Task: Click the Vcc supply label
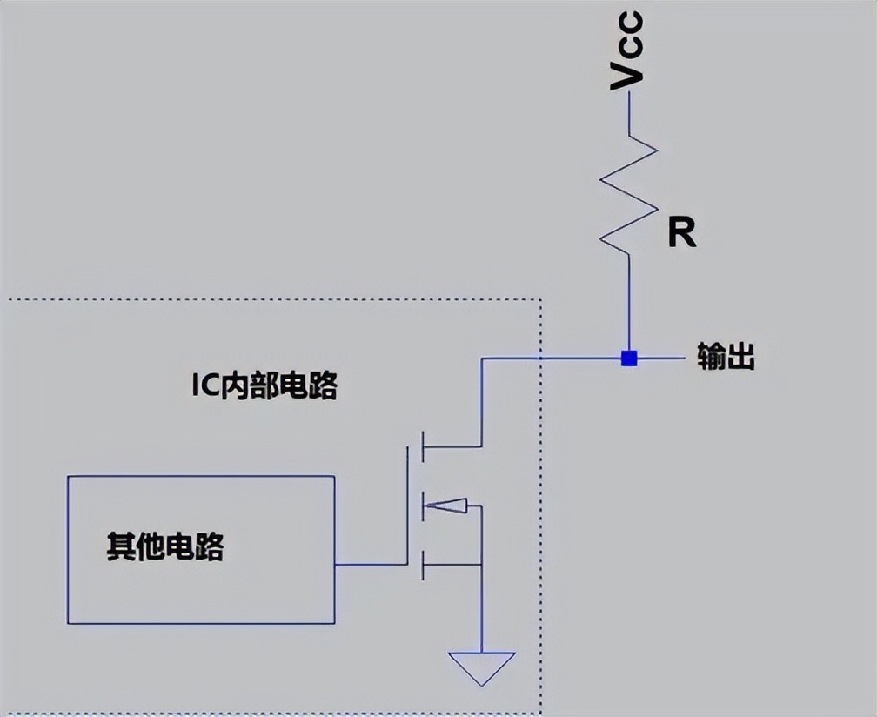627,50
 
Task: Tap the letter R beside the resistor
681,233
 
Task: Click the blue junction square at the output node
628,358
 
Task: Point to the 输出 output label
725,358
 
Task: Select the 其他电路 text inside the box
165,547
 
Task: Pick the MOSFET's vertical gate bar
407,505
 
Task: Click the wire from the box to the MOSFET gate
371,564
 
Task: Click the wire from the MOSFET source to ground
481,609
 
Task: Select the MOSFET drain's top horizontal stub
452,446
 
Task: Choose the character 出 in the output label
740,358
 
